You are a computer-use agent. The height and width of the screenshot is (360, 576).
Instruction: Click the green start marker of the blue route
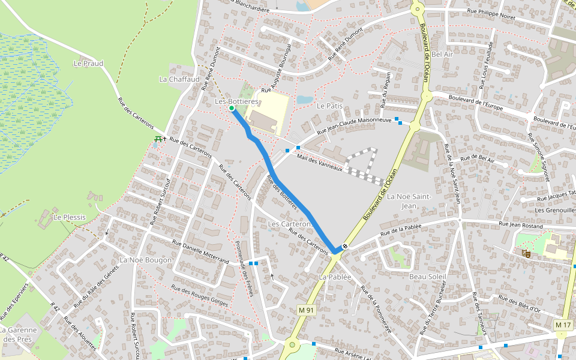pyautogui.click(x=232, y=109)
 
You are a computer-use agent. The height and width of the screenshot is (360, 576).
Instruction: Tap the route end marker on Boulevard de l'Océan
pyautogui.click(x=345, y=246)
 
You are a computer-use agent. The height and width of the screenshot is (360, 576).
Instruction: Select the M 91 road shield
pyautogui.click(x=306, y=310)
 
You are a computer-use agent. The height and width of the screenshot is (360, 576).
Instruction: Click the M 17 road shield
pyautogui.click(x=563, y=325)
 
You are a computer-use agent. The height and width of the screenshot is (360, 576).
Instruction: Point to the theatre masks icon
pyautogui.click(x=526, y=254)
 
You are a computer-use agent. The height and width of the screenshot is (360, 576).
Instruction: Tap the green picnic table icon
pyautogui.click(x=158, y=139)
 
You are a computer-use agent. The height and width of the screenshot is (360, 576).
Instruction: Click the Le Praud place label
pyautogui.click(x=88, y=63)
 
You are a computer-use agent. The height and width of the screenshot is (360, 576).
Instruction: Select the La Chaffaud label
pyautogui.click(x=179, y=79)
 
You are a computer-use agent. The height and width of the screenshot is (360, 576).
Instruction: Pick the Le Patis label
pyautogui.click(x=329, y=106)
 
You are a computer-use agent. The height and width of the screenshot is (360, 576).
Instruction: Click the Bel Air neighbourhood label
pyautogui.click(x=442, y=54)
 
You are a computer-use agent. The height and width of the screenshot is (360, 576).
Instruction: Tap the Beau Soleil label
pyautogui.click(x=428, y=277)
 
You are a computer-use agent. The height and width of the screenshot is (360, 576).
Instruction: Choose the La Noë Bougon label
pyautogui.click(x=146, y=260)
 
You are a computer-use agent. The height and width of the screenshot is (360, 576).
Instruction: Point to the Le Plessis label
pyautogui.click(x=70, y=217)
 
